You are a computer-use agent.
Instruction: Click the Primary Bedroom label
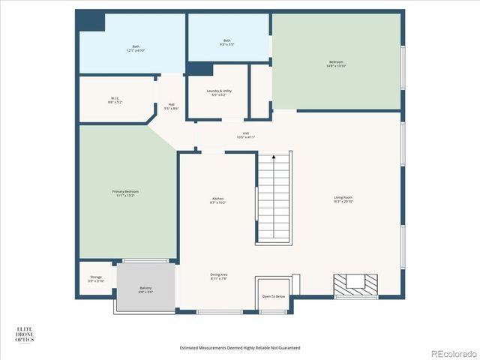(125, 193)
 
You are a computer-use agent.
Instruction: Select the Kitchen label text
(218, 200)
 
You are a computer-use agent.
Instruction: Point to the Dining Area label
(219, 277)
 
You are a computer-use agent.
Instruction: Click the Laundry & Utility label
(219, 93)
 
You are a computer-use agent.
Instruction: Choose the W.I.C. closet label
(115, 100)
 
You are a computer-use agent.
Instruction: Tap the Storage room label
(96, 278)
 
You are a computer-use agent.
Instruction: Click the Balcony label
(145, 289)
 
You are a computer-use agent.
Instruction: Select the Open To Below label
(274, 296)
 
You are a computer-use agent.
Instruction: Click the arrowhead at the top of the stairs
(274, 157)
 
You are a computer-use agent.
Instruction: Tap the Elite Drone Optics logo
(25, 334)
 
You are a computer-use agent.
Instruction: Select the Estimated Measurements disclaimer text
(240, 348)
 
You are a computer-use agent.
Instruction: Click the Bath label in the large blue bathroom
(136, 48)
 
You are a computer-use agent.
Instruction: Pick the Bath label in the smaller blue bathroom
(227, 42)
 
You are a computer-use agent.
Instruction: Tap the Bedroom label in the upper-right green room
(335, 64)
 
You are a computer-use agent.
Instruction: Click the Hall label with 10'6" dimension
(245, 135)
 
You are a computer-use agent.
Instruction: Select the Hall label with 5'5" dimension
(171, 106)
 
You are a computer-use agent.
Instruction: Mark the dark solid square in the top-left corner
(91, 20)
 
